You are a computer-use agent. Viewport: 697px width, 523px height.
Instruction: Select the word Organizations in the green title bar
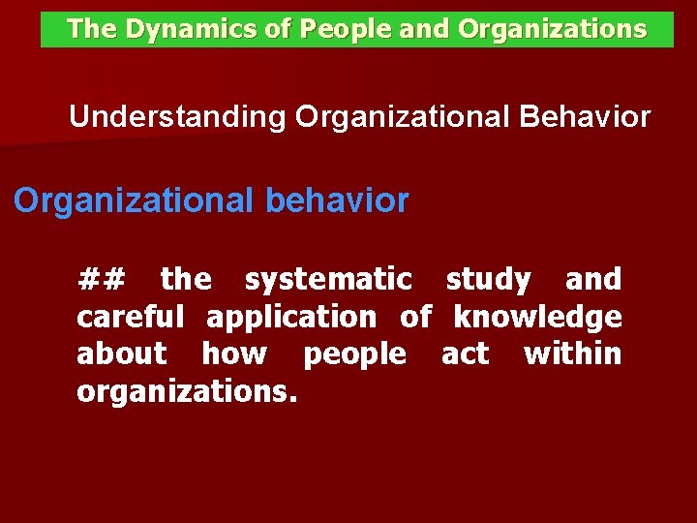(552, 30)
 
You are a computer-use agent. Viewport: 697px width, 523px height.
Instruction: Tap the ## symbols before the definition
(101, 280)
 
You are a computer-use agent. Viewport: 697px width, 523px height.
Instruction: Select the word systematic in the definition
(328, 280)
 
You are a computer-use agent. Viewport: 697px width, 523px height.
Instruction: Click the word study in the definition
(488, 280)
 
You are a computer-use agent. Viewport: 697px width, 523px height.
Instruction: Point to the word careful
(130, 317)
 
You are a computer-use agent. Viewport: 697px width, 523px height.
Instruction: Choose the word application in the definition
(291, 317)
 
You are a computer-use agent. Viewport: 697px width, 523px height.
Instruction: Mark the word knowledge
(538, 317)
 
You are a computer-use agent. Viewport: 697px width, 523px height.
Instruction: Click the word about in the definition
(122, 354)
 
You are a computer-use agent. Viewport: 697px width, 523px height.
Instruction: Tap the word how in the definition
(233, 354)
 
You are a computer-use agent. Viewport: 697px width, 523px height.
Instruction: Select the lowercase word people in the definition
(354, 354)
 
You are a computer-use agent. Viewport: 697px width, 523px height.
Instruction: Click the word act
(465, 354)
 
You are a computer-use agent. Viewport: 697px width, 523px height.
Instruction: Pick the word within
(572, 354)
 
